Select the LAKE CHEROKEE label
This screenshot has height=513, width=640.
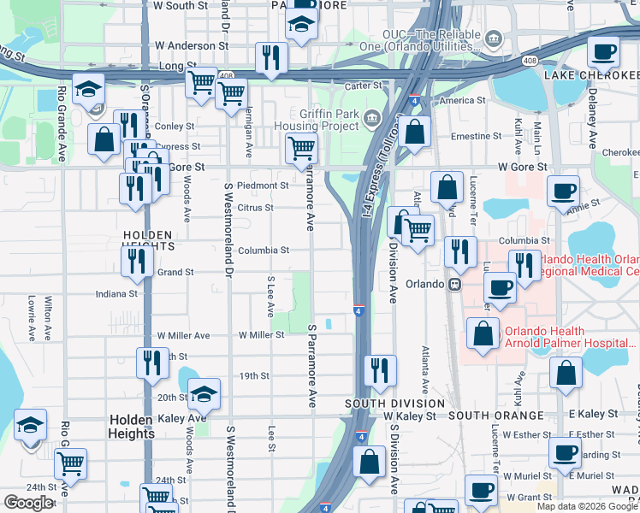click(590, 75)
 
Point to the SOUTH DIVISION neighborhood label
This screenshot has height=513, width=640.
click(394, 403)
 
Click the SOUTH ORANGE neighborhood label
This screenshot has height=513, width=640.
click(495, 416)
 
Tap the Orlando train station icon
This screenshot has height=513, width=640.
click(456, 284)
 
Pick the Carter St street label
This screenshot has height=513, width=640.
click(363, 85)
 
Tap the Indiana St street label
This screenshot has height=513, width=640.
click(116, 293)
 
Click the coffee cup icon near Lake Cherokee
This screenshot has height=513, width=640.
click(603, 52)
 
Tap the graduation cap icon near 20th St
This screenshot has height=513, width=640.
click(204, 393)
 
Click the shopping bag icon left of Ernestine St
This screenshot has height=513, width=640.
click(414, 133)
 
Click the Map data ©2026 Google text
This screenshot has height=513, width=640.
click(586, 506)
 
